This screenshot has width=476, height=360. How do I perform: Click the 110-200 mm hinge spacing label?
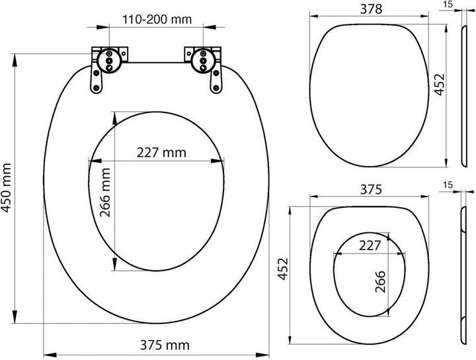157,19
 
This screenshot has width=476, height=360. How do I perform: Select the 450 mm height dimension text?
7,188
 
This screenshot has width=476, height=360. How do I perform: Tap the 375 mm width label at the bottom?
165,345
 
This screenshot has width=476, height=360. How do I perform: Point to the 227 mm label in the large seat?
161,152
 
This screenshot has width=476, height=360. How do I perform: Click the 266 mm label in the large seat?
105,193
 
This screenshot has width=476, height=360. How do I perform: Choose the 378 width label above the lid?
371,9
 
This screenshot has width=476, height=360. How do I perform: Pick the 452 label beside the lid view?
439,85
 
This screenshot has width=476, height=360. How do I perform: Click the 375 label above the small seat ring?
371,189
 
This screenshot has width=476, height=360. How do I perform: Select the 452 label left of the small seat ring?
283,269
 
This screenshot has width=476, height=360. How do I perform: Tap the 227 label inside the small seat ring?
370,245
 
